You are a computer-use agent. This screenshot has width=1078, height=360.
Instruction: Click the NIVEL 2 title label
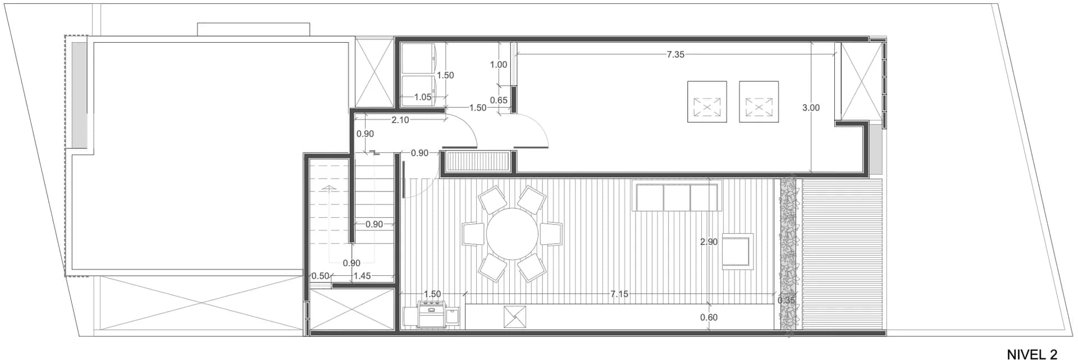(1032, 354)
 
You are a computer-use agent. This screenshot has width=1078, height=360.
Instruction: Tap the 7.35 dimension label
(675, 54)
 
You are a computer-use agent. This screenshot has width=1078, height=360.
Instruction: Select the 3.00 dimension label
(811, 107)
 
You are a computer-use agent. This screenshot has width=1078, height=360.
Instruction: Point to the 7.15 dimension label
(619, 294)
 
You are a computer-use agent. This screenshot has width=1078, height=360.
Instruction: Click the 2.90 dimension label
(709, 242)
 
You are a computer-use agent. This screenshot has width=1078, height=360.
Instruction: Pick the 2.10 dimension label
(400, 120)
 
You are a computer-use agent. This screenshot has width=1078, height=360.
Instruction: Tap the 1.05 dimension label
(423, 97)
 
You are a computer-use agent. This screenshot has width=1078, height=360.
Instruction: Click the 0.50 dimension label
(320, 276)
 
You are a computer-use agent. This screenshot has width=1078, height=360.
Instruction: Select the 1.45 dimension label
(362, 276)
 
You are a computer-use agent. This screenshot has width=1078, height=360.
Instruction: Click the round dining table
(512, 234)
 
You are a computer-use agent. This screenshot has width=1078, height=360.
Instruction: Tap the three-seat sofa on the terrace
(677, 196)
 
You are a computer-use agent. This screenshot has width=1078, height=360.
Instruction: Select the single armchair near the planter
(737, 250)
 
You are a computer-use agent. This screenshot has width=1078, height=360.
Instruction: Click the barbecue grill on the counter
(431, 313)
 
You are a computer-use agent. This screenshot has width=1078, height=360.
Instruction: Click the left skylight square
(707, 102)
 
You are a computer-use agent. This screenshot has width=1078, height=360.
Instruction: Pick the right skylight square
(759, 102)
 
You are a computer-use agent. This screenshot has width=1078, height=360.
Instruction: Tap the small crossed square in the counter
(515, 316)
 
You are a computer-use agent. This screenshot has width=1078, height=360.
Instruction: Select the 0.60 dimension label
(709, 317)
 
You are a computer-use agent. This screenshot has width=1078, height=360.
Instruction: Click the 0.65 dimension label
(499, 100)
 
